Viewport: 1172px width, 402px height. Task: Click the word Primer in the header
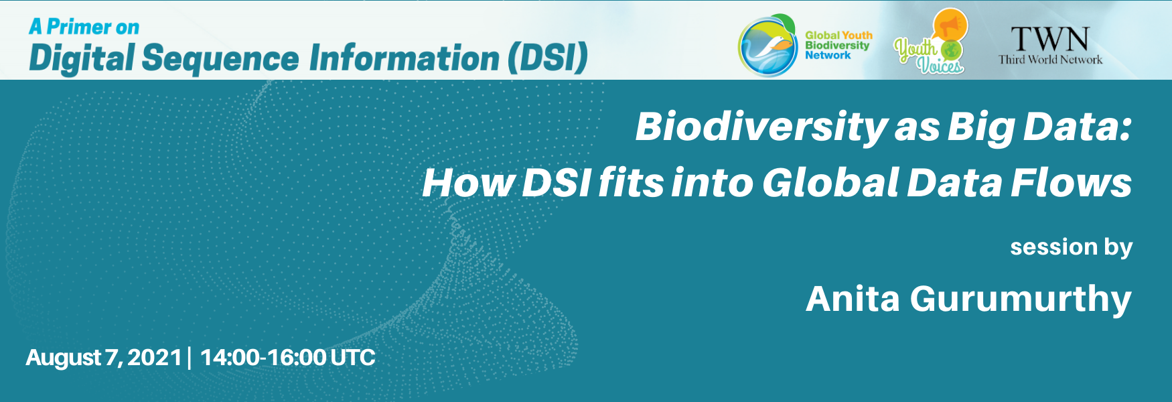click(79, 27)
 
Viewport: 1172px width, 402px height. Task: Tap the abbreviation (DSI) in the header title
click(547, 58)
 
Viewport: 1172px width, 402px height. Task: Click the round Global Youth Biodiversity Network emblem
click(767, 46)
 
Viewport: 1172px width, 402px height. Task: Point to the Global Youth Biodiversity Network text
click(838, 46)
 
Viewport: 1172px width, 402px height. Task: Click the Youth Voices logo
click(931, 42)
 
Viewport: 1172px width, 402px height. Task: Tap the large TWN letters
click(1050, 40)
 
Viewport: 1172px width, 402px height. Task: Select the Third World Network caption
click(1050, 60)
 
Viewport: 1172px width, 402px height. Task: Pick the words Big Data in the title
click(1039, 127)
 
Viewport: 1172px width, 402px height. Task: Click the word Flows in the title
click(1071, 182)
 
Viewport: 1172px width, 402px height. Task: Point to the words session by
click(1071, 247)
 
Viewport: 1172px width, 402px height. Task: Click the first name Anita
click(853, 299)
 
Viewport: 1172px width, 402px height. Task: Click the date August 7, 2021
click(104, 358)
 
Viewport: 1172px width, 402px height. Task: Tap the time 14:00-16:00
click(263, 357)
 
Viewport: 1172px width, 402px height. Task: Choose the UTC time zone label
click(353, 357)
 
